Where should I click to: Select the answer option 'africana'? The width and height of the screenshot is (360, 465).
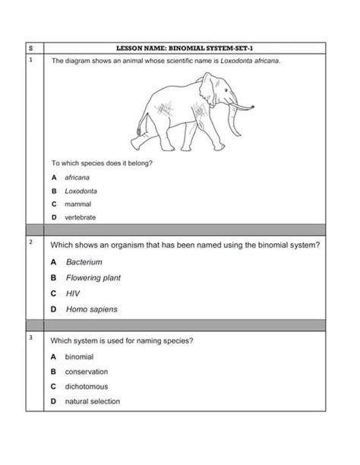(77, 177)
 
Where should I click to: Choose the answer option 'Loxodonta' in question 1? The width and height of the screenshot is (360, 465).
(81, 191)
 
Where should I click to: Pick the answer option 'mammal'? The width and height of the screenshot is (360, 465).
(77, 204)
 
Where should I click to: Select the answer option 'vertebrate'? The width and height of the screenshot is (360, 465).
(80, 217)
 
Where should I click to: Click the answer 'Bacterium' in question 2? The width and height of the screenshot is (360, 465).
(84, 262)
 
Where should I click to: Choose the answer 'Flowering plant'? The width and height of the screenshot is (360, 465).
(93, 278)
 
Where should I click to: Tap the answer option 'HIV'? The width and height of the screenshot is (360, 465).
(72, 293)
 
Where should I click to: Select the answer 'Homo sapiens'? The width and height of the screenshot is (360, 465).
(91, 309)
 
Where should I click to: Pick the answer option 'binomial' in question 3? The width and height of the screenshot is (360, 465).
(79, 356)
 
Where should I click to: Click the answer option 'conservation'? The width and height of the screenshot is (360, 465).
(86, 372)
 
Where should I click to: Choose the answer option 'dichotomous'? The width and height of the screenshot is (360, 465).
(86, 387)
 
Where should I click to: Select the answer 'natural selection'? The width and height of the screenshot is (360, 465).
(92, 401)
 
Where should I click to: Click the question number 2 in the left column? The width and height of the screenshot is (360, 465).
(30, 242)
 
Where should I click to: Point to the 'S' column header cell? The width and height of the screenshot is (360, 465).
(30, 47)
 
